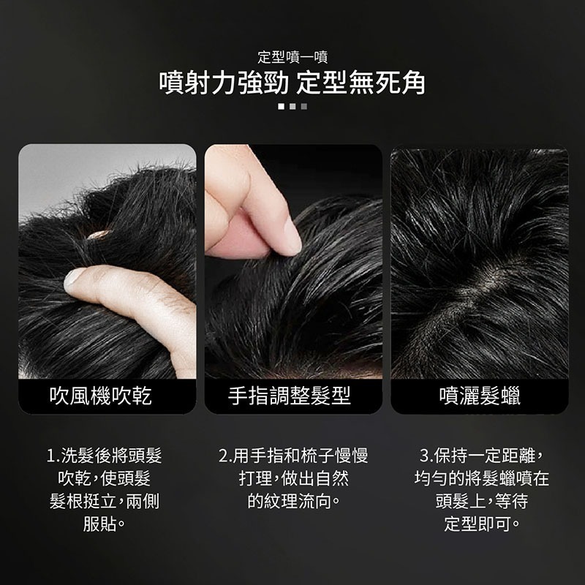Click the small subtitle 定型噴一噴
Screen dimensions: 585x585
pyautogui.click(x=292, y=57)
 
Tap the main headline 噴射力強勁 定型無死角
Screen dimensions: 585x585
pyautogui.click(x=292, y=83)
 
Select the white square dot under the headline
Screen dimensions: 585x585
pyautogui.click(x=281, y=107)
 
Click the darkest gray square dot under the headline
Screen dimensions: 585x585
pyautogui.click(x=304, y=107)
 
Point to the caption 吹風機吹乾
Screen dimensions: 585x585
pyautogui.click(x=101, y=396)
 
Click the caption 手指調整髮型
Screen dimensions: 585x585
pyautogui.click(x=290, y=396)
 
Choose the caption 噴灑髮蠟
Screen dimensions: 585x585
pyautogui.click(x=480, y=396)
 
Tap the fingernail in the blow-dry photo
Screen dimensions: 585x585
pyautogui.click(x=72, y=280)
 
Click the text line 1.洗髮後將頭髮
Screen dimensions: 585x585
pyautogui.click(x=105, y=456)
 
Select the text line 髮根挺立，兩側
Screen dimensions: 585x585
pyautogui.click(x=105, y=501)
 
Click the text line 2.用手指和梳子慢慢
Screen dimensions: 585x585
pyautogui.click(x=293, y=456)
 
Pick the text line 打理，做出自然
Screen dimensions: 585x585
pyautogui.click(x=294, y=478)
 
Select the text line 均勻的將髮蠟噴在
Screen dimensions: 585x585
pyautogui.click(x=482, y=478)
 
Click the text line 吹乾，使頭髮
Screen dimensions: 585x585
pyautogui.click(x=105, y=478)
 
